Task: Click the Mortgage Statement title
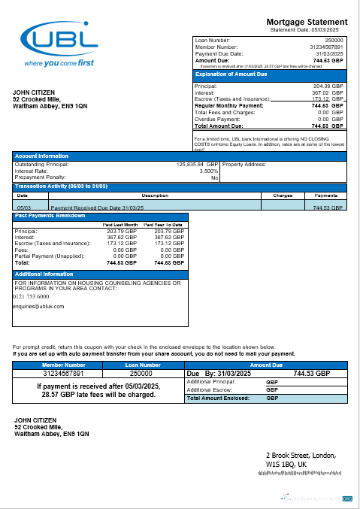pos(307,22)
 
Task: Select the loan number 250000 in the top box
pos(333,40)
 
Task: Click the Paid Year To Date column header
pos(164,225)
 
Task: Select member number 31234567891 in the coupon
pos(64,373)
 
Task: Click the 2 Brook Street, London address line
pos(301,456)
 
